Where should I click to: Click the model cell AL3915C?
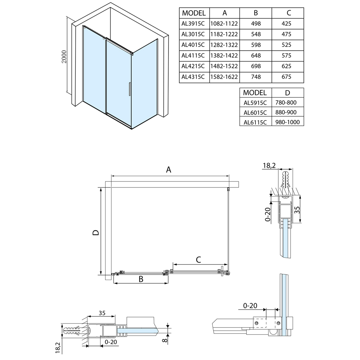(193, 24)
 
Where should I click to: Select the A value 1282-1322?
(224, 45)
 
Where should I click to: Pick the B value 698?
(256, 66)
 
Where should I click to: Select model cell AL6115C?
(255, 122)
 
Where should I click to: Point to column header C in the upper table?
(288, 13)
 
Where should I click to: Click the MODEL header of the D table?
(255, 92)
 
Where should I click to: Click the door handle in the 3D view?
(129, 89)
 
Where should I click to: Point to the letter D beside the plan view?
(95, 233)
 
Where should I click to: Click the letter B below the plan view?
(141, 279)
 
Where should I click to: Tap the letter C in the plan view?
(198, 259)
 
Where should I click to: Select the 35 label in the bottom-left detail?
(102, 313)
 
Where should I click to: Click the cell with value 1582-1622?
(224, 77)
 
